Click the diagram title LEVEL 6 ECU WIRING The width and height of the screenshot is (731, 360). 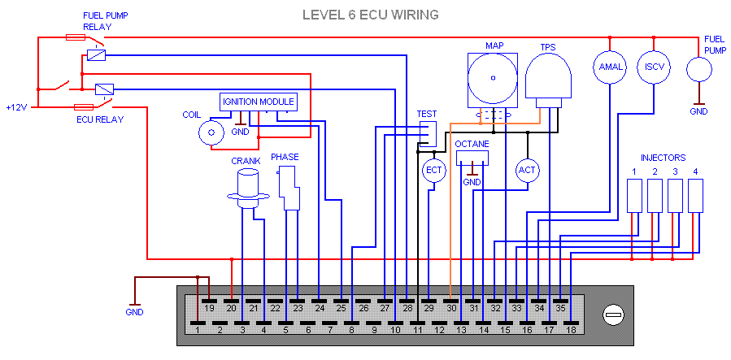pos(370,15)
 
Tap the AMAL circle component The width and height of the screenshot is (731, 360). pos(610,67)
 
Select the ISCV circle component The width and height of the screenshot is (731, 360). pos(655,67)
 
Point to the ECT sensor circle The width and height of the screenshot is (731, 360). pos(433,170)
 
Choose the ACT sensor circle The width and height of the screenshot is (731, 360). pos(528,170)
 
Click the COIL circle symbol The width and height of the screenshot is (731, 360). pos(212,132)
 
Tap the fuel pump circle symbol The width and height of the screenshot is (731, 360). pos(699,69)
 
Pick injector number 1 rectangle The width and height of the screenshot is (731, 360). pos(633,195)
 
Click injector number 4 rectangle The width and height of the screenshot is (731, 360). pos(695,195)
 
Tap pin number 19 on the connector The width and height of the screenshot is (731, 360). pos(209,308)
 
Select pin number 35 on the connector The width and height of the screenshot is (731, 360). pos(560,308)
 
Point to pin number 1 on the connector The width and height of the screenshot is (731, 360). pos(198,329)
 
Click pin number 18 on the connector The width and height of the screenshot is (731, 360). pos(571,329)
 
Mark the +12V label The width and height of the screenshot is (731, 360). pos(16,107)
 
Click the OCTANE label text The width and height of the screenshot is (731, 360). pos(472,144)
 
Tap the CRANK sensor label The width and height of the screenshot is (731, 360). pos(245,161)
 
